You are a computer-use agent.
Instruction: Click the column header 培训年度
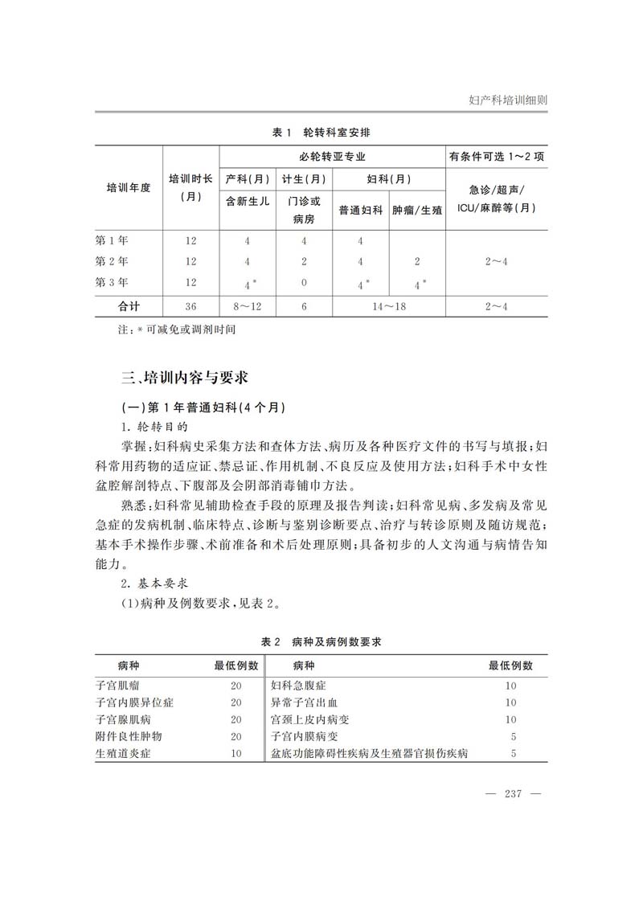(129, 187)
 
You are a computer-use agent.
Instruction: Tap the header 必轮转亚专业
(332, 157)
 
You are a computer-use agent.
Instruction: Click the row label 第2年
(112, 261)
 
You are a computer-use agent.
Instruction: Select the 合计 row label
(129, 305)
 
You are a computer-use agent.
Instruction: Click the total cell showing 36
(190, 305)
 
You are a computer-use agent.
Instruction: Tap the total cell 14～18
(389, 305)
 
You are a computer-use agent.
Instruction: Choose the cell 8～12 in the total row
(248, 305)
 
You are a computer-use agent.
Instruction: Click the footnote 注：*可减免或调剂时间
(166, 330)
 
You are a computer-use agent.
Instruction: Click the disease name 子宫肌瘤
(118, 686)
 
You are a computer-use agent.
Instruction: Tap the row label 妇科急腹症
(298, 686)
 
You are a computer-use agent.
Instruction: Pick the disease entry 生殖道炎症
(123, 753)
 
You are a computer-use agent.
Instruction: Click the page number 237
(513, 794)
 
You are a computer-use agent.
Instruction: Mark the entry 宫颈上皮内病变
(309, 719)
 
